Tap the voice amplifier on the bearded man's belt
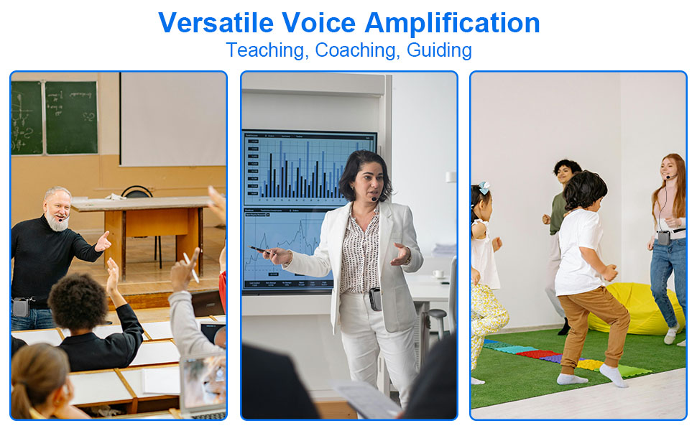coord(21,307)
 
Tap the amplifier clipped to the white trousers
coord(375,299)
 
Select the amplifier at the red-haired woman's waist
coord(663,237)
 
